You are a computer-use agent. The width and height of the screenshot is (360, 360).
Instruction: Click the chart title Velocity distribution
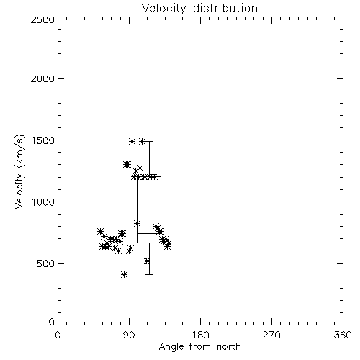(199, 8)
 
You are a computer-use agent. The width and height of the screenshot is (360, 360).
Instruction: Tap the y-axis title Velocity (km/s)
(19, 171)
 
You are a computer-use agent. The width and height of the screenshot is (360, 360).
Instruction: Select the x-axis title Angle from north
(199, 347)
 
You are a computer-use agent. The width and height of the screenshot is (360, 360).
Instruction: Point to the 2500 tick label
(42, 19)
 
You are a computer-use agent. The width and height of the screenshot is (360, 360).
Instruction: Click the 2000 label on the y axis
(42, 78)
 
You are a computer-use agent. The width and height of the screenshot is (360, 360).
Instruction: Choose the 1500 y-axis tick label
(43, 140)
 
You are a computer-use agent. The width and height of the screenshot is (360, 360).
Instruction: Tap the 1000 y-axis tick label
(43, 202)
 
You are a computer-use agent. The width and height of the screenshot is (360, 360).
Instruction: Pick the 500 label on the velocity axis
(46, 264)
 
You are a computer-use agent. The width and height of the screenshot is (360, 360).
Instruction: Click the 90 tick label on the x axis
(129, 335)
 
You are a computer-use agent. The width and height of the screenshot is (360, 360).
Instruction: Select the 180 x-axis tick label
(200, 335)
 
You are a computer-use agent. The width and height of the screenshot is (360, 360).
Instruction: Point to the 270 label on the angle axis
(271, 335)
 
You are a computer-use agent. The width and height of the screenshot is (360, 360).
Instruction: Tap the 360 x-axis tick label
(343, 335)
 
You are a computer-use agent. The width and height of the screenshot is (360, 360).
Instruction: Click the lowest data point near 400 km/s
(124, 274)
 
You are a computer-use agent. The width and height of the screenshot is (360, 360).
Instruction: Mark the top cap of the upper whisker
(149, 142)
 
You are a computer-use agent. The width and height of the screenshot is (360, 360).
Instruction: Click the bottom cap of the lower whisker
(149, 274)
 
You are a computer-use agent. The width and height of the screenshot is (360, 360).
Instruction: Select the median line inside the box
(149, 233)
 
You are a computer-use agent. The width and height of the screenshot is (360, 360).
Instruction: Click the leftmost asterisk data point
(100, 231)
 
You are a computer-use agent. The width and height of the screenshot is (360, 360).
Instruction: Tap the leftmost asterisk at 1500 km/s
(132, 141)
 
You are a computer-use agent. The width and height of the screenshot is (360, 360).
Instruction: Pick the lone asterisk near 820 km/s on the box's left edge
(137, 223)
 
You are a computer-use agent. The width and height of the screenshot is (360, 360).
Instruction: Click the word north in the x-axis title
(229, 347)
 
